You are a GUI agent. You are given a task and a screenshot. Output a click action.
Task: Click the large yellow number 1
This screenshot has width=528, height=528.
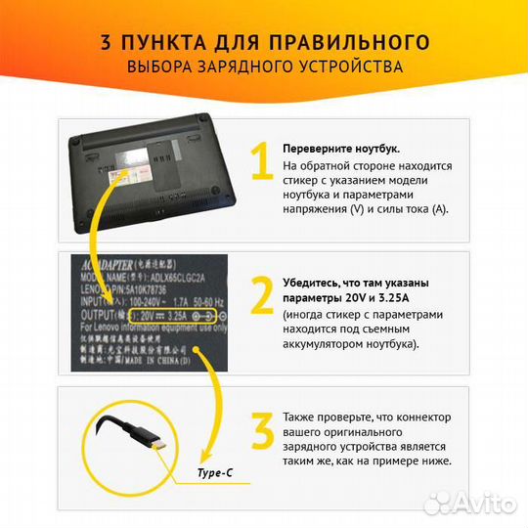260,162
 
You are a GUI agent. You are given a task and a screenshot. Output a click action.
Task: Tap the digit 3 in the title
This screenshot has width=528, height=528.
106,42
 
